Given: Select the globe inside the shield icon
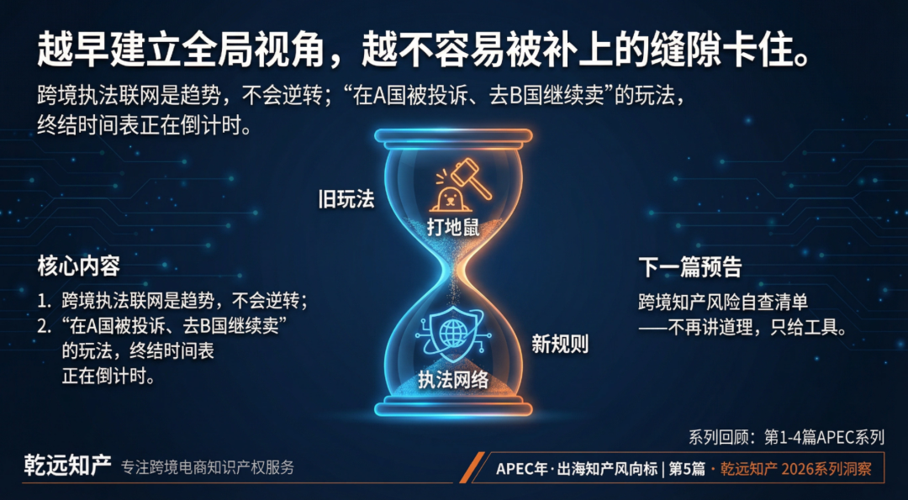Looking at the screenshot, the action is coord(452,332).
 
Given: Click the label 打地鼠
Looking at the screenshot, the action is coord(453,228).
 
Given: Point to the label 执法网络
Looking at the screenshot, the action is coord(453,380).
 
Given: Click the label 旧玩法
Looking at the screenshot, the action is coord(346,199).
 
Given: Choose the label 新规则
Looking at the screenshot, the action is coord(560,345).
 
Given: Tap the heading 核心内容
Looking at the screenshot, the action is coord(79,266).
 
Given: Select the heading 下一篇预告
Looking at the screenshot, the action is coord(690,267).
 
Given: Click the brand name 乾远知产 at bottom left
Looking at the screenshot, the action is coord(67,466).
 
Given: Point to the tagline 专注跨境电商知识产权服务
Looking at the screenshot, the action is coord(208,467).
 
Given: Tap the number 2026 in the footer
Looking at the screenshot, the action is coord(796,468).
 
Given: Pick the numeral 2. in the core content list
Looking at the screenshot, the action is coord(44,326).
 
